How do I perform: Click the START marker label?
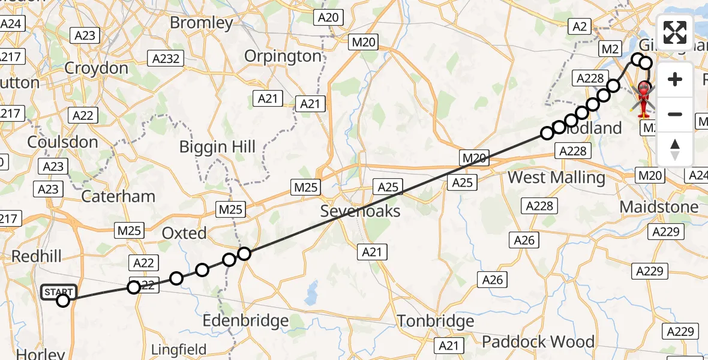click(59, 292)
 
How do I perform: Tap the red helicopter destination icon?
click(643, 98)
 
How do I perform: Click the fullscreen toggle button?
click(675, 32)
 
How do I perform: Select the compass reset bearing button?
click(675, 149)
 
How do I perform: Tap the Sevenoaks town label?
click(360, 211)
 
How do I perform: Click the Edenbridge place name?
click(245, 321)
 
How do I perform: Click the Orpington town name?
click(283, 56)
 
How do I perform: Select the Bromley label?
click(202, 23)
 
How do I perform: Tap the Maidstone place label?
click(659, 207)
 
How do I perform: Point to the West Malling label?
click(556, 178)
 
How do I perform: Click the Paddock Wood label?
click(538, 342)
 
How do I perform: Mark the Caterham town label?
click(118, 196)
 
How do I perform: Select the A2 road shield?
click(580, 26)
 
